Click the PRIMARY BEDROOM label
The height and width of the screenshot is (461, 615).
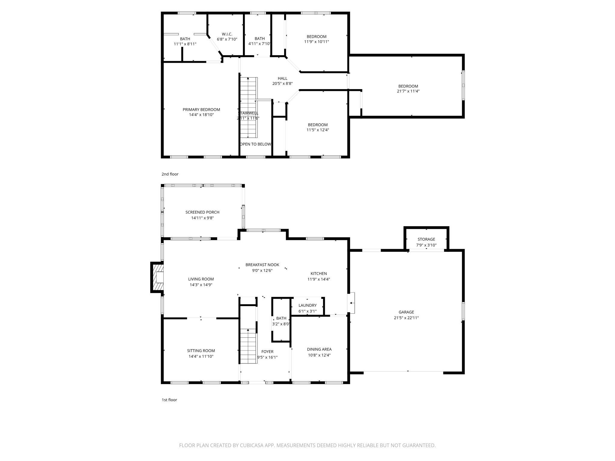(201, 110)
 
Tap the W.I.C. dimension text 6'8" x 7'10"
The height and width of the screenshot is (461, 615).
(227, 39)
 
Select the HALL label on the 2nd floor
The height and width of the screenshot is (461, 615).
(282, 78)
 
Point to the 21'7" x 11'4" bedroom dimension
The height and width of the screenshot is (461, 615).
(408, 91)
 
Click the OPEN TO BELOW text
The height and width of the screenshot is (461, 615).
(256, 144)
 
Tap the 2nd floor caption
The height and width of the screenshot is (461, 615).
(170, 174)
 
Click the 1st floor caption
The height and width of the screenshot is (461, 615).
(169, 400)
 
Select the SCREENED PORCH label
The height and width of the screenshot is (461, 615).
(202, 212)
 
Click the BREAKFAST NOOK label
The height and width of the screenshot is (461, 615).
(262, 265)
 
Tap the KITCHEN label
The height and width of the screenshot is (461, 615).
(319, 273)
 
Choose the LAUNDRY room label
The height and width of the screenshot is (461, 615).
(307, 305)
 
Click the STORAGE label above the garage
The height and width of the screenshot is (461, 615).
(426, 239)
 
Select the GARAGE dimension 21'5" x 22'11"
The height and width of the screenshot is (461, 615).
(406, 318)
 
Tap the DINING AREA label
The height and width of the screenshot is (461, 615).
(319, 349)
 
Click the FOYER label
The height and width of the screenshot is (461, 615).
(267, 351)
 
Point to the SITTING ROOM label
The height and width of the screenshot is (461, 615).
(201, 351)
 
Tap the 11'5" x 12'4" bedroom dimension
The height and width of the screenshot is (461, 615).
(318, 130)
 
